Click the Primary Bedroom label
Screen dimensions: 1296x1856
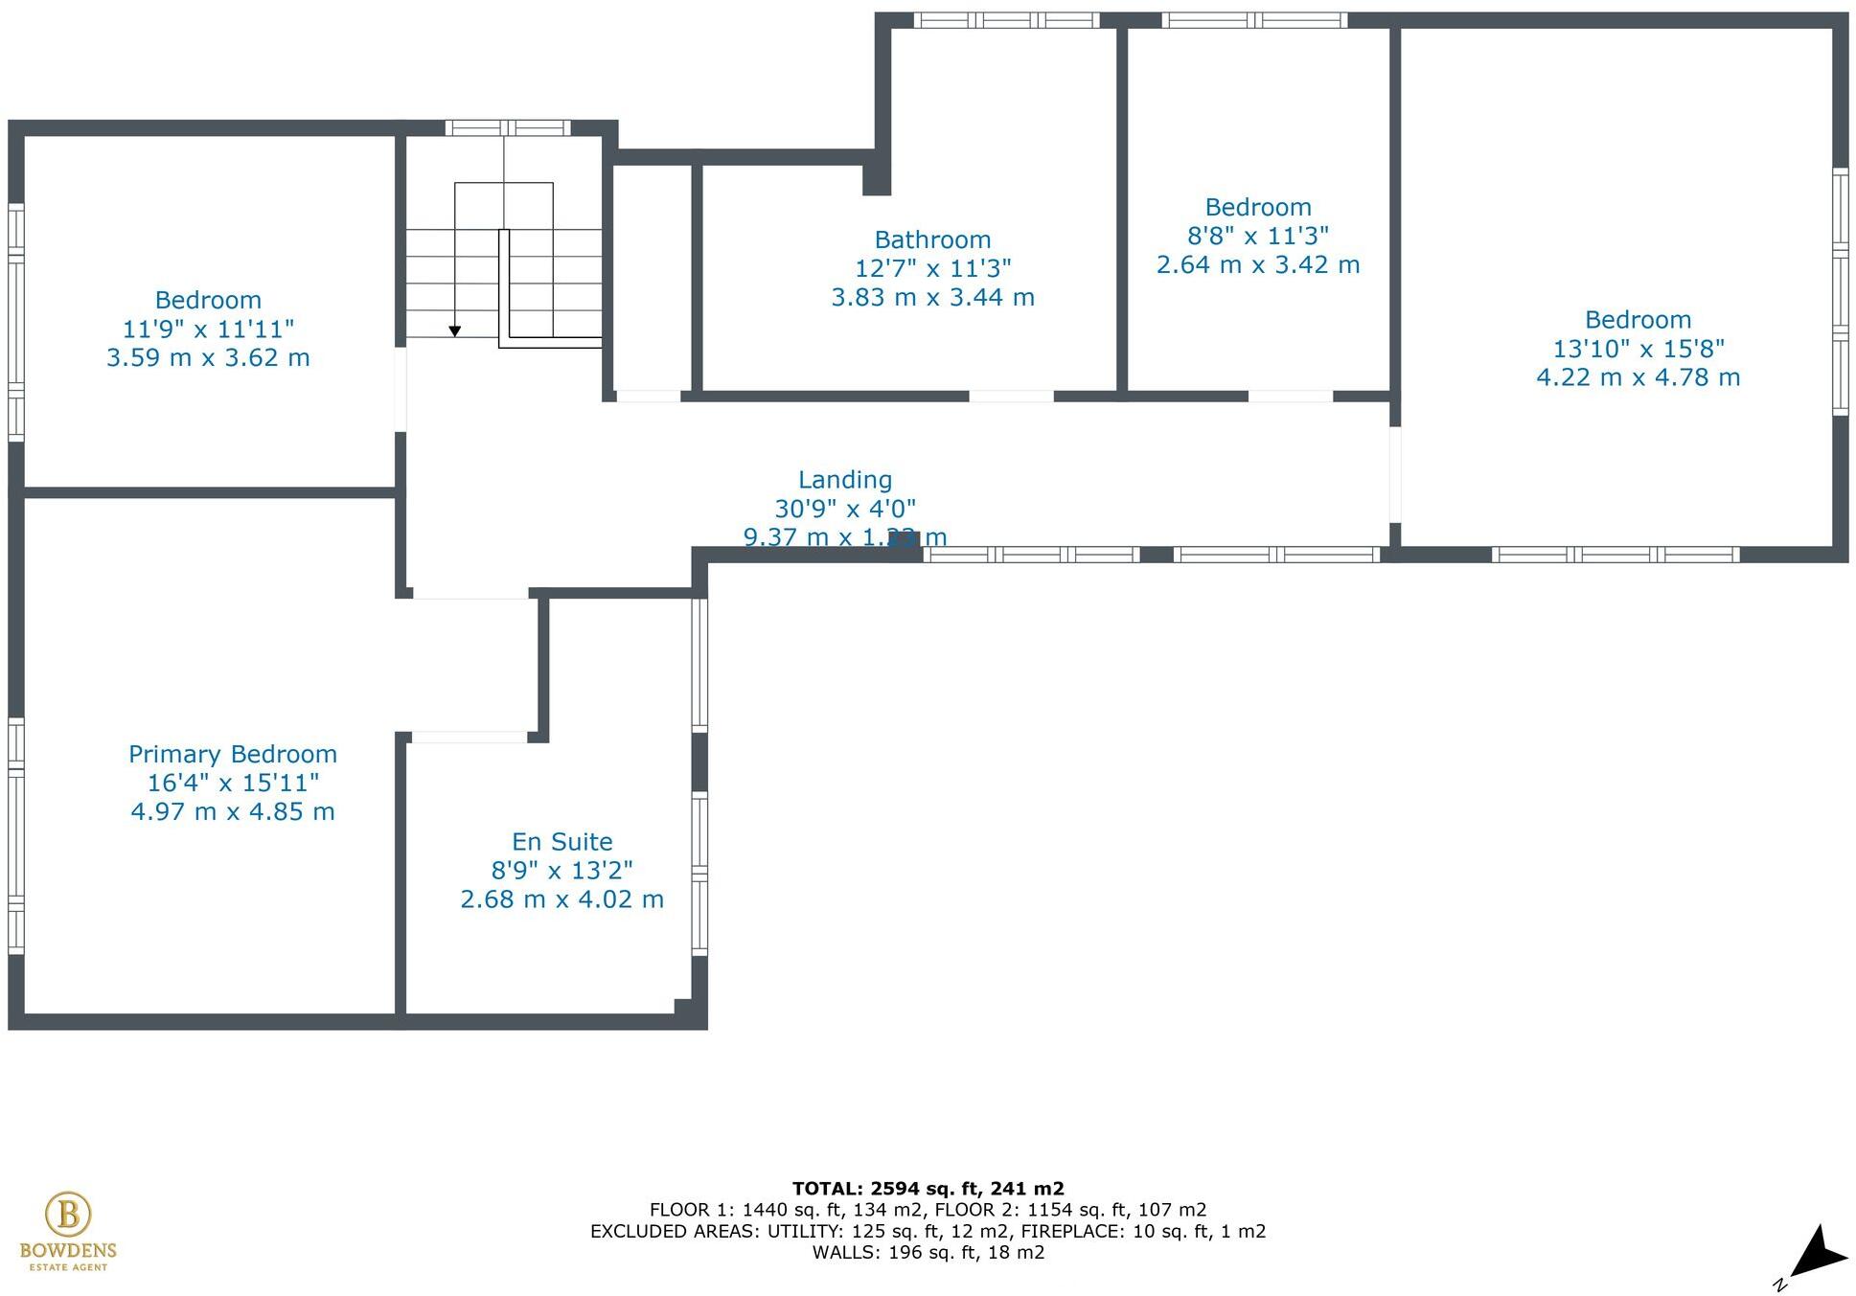coord(232,754)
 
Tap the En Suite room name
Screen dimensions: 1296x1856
coord(561,841)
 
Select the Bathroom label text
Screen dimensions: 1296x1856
coord(931,239)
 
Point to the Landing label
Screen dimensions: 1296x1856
coord(844,480)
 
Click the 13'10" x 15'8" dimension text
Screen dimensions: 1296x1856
coord(1638,349)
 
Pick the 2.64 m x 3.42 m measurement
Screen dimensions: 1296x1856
coord(1257,264)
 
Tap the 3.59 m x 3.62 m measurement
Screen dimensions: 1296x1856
coord(208,358)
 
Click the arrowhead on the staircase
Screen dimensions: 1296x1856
coord(455,330)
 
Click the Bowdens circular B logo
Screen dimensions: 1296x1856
coord(68,1214)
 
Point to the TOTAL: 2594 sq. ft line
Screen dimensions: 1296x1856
coord(928,1189)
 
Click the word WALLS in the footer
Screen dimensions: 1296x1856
coord(845,1252)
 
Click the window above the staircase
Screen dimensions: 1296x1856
coord(507,127)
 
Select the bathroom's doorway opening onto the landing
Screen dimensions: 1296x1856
coord(1011,396)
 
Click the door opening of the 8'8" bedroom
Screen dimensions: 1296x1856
coord(1290,396)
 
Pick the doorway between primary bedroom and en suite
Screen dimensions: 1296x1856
coord(469,737)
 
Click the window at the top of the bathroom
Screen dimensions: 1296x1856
coord(1005,20)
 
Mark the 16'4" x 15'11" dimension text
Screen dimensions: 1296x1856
coord(232,783)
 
